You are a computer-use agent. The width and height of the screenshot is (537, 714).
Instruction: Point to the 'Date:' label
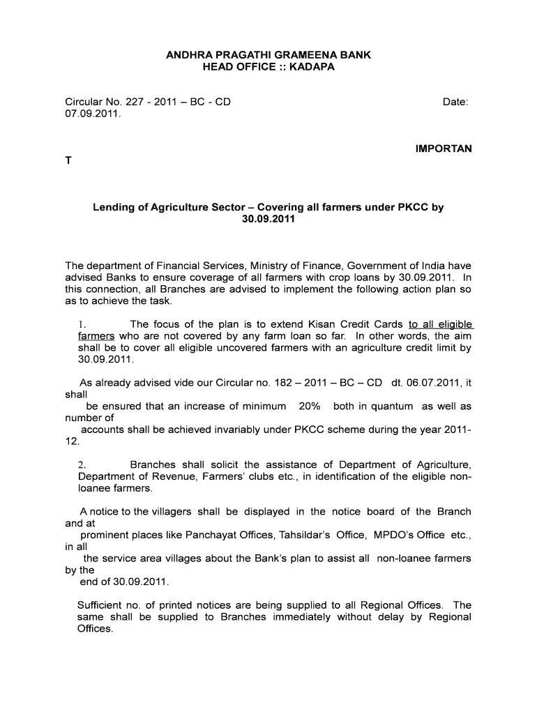[x=455, y=102]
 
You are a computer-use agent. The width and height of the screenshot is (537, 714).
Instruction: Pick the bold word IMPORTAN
[x=444, y=149]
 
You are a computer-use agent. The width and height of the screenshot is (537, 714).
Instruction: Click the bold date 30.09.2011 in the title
[x=268, y=220]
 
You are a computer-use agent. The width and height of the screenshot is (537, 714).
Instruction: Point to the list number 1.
[x=82, y=324]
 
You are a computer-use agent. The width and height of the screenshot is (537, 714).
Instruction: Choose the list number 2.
[x=82, y=464]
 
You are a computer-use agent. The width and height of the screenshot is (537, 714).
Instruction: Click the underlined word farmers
[x=96, y=336]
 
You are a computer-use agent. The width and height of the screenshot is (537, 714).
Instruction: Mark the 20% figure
[x=309, y=406]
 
